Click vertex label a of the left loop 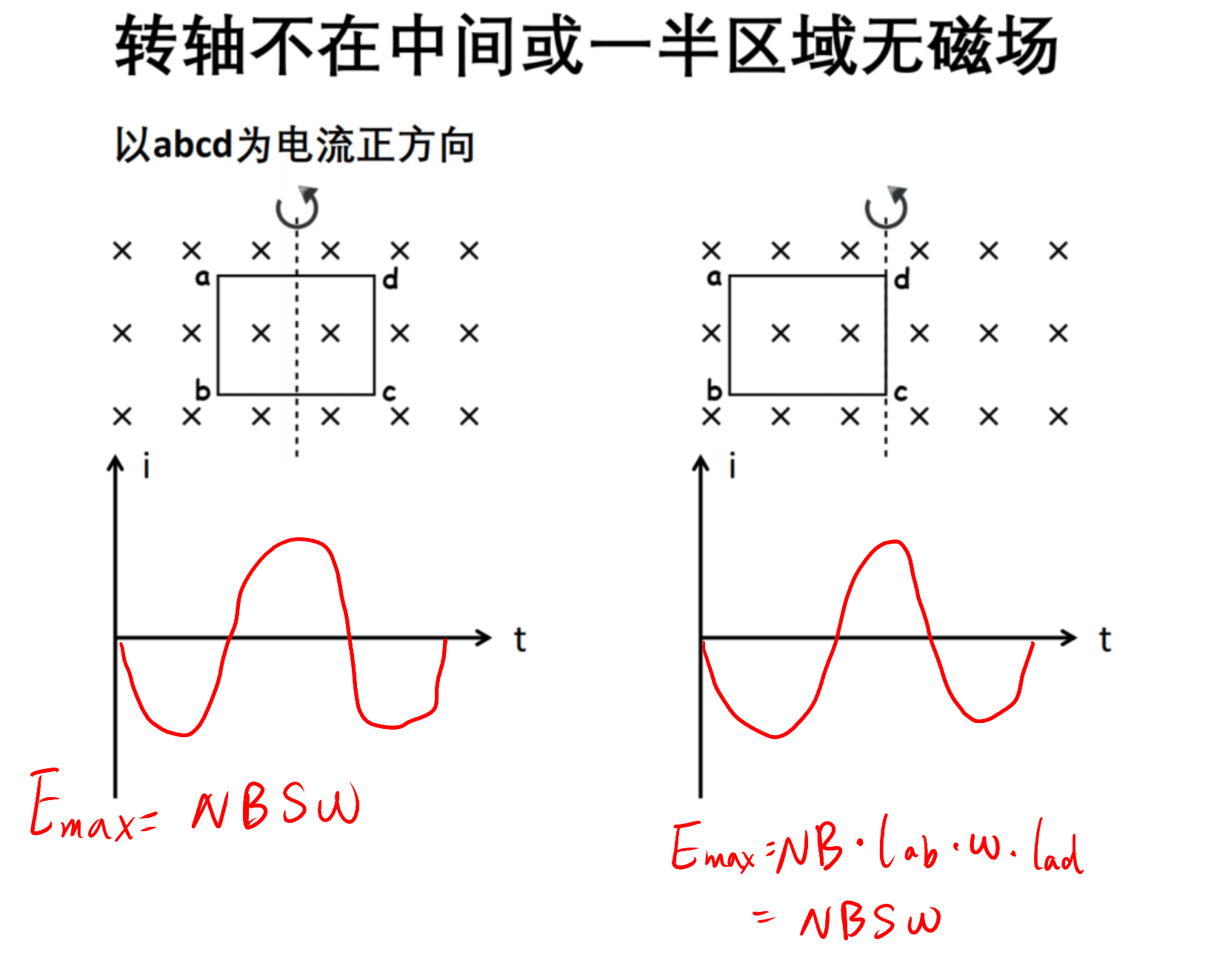202,278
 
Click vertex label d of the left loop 390,279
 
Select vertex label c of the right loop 901,393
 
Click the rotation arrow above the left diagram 297,207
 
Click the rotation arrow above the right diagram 886,207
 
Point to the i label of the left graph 147,467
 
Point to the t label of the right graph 1105,639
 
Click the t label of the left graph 520,639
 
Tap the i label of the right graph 733,467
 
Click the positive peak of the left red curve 298,539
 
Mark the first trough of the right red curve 775,736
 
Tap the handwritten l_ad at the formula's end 1058,846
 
